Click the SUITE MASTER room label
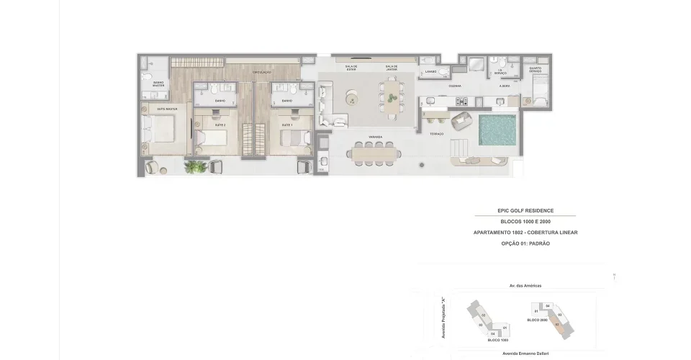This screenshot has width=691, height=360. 167,109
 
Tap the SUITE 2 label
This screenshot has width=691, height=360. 220,125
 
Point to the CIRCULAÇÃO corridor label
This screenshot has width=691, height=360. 261,73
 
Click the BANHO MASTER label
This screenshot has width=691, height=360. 158,84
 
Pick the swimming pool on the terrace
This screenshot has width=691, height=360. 495,130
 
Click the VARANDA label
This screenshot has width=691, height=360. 375,136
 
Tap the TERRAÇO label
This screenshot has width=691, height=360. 437,134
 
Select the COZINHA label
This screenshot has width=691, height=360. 455,86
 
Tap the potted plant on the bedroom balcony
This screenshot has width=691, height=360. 194,168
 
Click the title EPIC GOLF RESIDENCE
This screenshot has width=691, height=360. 524,210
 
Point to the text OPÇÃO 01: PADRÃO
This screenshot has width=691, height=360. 524,244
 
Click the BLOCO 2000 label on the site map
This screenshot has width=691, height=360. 538,320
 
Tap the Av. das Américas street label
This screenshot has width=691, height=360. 525,285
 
